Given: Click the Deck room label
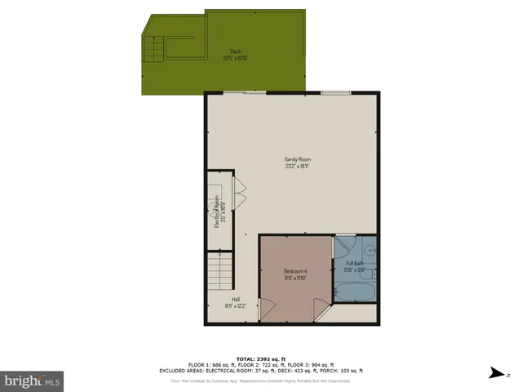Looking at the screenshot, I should (x=236, y=51).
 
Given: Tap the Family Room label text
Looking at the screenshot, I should (x=298, y=159).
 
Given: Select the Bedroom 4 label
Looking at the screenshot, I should (x=295, y=271).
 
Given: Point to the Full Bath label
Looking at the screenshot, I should (x=355, y=263).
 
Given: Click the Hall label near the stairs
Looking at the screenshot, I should (x=236, y=299).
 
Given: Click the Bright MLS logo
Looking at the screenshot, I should (x=32, y=381).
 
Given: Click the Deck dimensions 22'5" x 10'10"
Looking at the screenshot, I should (x=236, y=58).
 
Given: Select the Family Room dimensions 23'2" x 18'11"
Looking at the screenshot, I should (x=298, y=166).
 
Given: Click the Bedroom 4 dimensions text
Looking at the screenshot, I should (x=295, y=278).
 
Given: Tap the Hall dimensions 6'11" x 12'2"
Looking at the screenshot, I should (x=236, y=306).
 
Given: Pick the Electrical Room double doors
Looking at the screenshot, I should (x=241, y=195).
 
